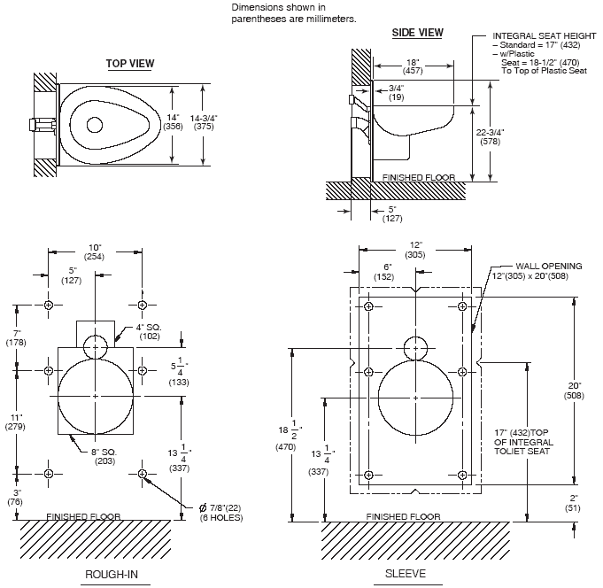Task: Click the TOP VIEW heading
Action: click(130, 63)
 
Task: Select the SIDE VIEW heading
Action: click(418, 33)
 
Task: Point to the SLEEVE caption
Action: click(406, 574)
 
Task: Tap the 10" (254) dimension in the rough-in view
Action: click(95, 250)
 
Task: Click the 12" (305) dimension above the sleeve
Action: click(416, 249)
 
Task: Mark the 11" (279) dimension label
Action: click(16, 422)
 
